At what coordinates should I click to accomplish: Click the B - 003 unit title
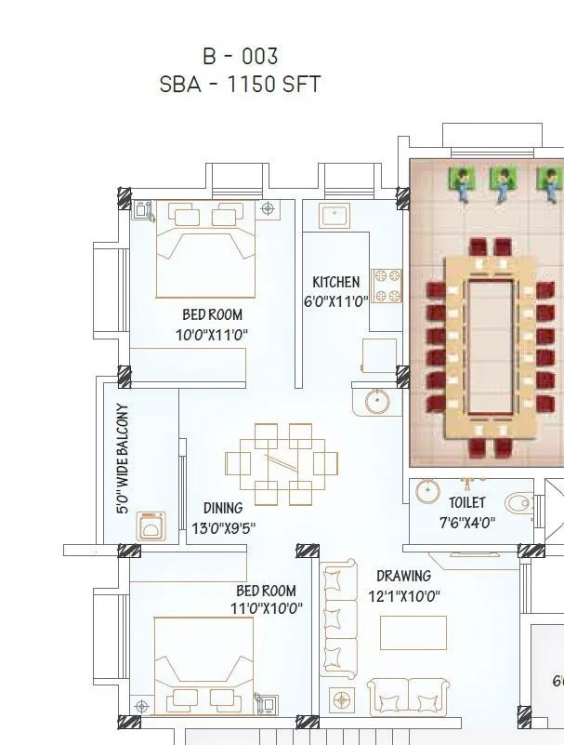240,57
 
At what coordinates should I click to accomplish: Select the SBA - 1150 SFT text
240,85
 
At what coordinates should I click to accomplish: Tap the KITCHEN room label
335,282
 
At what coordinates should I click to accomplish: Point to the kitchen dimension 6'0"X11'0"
335,300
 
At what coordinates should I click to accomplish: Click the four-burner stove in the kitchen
386,286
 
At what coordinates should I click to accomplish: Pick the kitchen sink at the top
334,217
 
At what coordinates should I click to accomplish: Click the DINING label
223,508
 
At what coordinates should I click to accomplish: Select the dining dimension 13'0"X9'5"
223,527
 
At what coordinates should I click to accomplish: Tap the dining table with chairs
282,463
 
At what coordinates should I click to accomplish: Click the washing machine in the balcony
149,526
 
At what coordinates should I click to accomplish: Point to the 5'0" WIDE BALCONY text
122,459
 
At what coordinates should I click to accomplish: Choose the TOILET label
467,503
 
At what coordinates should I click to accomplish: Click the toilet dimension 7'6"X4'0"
467,522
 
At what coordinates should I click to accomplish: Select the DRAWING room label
403,576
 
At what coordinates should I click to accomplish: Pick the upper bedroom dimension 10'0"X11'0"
212,334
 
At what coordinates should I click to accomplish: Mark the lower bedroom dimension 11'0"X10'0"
266,609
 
